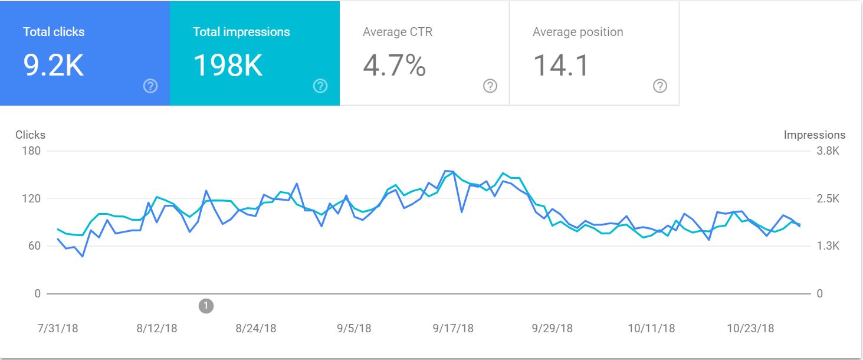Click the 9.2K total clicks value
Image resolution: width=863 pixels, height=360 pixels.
[x=54, y=66]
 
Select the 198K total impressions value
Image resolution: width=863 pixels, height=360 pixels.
[x=228, y=66]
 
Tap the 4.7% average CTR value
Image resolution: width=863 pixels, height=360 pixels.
[x=394, y=66]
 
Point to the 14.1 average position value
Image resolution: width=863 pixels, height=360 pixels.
[x=561, y=66]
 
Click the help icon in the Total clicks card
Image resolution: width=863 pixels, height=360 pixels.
[x=150, y=86]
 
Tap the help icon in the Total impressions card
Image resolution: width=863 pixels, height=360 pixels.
[x=320, y=86]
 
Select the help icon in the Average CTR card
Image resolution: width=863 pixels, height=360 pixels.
[x=490, y=86]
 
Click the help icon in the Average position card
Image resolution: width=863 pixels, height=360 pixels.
[x=660, y=86]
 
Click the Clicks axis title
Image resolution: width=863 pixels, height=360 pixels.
[x=30, y=135]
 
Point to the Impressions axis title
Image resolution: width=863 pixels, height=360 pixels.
[x=814, y=135]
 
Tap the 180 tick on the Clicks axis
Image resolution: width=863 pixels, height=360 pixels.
[x=31, y=151]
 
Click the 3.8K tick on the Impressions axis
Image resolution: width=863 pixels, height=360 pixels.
[x=827, y=151]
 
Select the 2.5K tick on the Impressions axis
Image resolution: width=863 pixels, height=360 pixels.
[x=827, y=199]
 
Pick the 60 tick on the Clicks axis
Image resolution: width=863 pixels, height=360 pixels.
[x=34, y=246]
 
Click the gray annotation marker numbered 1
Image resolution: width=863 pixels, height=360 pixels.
[x=206, y=306]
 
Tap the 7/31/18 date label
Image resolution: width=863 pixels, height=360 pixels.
[x=58, y=328]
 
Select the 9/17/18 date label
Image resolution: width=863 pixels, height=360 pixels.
[x=453, y=328]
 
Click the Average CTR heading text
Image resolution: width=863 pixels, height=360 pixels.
[x=398, y=32]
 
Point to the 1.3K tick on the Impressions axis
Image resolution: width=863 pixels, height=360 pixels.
[x=827, y=246]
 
